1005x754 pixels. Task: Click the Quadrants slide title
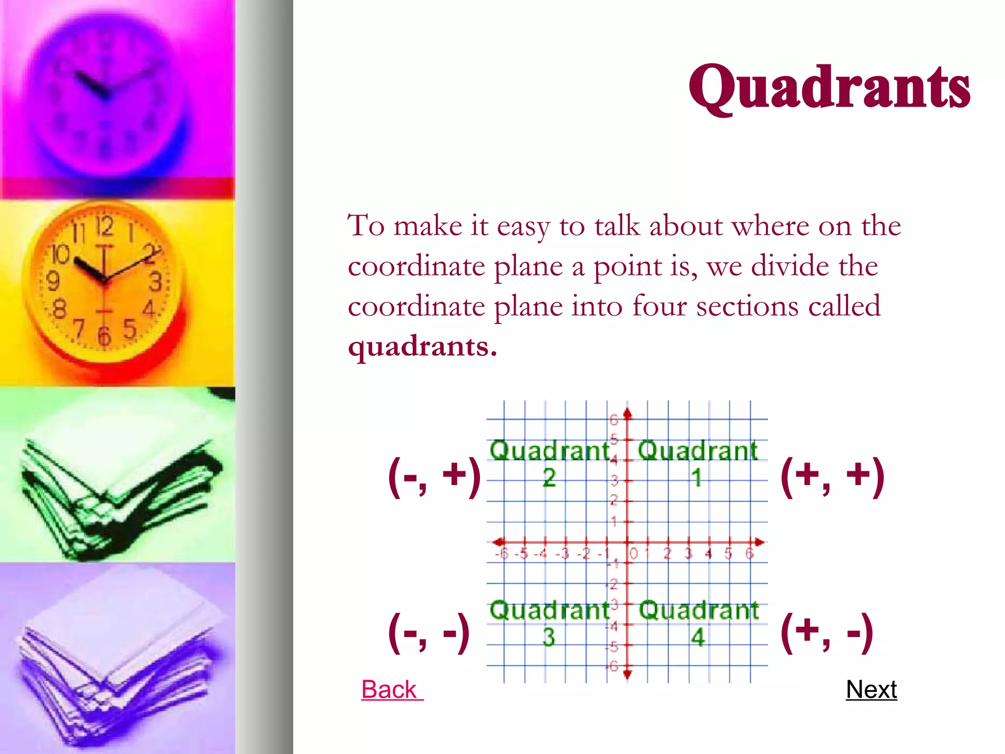(829, 88)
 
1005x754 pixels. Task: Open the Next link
(871, 689)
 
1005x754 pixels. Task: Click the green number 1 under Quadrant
(697, 478)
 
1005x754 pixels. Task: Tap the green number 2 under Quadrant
(549, 478)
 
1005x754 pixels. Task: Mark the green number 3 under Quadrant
(549, 637)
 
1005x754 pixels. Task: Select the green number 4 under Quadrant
(698, 637)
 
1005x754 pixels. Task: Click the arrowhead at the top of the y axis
(627, 413)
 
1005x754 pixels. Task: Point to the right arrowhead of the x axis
(759, 542)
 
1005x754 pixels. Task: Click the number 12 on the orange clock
(104, 226)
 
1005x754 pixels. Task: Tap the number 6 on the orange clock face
(104, 336)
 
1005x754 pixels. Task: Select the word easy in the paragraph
(523, 227)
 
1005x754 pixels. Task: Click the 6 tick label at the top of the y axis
(614, 420)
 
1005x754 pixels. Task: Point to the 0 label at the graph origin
(634, 554)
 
